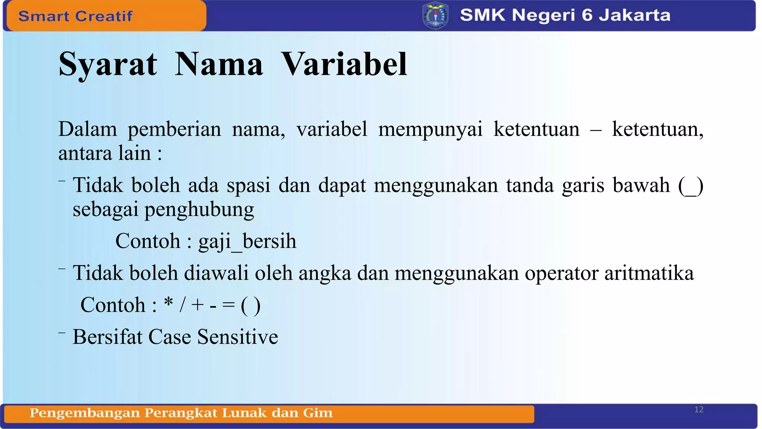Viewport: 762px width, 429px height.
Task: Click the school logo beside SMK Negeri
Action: point(435,16)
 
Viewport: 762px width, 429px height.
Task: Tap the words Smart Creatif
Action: point(75,16)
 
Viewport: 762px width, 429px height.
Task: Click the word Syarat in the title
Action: point(108,65)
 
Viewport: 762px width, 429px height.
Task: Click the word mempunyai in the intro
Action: point(430,130)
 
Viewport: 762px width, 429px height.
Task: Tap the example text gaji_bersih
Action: point(247,241)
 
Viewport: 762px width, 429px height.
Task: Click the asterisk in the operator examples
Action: point(169,302)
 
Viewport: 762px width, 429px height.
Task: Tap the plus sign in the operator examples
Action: point(198,305)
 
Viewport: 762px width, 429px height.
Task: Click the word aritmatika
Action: point(649,273)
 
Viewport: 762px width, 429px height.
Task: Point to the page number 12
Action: point(699,410)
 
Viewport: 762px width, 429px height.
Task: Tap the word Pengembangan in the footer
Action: point(84,413)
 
